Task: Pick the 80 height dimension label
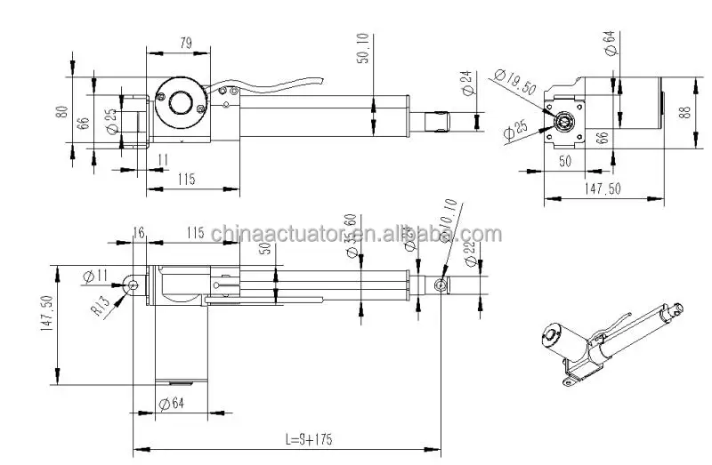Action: pos(61,113)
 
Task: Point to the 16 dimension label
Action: pos(139,232)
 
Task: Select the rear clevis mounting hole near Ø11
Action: pos(133,284)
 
